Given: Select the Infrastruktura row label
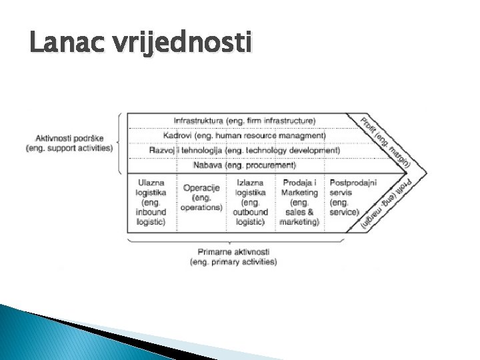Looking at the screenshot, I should [244, 121].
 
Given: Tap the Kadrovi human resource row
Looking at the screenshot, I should [249, 135].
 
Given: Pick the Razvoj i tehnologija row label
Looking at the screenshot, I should [244, 150].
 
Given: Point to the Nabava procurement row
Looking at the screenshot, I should [244, 165].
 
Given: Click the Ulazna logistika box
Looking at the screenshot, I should [151, 202].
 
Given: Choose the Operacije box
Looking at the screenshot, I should [201, 197].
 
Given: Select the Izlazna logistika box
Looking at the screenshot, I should [251, 202].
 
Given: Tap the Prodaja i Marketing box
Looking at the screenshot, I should [300, 202].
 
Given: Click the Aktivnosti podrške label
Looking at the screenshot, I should [69, 137].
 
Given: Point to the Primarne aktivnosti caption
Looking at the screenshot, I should [233, 252].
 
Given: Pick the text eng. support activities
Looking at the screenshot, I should [69, 148].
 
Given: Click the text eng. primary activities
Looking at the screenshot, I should [233, 262].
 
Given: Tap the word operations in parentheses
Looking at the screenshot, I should [201, 207].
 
